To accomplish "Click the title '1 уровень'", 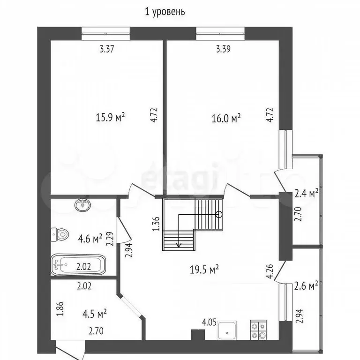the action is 165,12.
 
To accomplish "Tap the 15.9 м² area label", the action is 110,118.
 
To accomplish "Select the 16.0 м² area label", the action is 226,119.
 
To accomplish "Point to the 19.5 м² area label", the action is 204,269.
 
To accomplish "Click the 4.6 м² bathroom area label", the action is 90,239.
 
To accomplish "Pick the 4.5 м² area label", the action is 95,314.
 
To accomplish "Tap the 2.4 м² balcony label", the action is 306,193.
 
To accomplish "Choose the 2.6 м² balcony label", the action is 306,286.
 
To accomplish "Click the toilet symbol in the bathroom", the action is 60,234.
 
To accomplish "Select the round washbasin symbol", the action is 82,204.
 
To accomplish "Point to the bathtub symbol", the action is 78,265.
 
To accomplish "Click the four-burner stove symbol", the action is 258,330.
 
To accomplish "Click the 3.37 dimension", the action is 107,49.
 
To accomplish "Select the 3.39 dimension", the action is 224,49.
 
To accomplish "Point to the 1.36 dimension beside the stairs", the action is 156,224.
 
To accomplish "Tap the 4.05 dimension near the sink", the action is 209,322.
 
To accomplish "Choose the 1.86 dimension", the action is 60,309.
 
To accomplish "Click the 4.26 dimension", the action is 270,271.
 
